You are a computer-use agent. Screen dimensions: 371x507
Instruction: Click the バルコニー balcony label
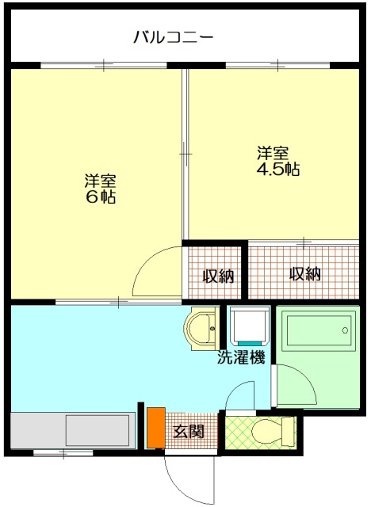coord(174,37)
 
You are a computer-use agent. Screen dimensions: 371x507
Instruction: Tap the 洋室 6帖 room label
coord(100,189)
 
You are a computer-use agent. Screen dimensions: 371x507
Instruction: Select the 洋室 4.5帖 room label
coord(277,161)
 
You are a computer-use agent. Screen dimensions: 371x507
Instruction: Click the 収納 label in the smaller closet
coord(218,276)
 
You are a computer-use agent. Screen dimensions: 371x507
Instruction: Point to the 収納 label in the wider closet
coord(305,274)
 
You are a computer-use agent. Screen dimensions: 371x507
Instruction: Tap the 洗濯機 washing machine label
coord(241,357)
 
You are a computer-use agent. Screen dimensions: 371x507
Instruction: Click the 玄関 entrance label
coord(189,431)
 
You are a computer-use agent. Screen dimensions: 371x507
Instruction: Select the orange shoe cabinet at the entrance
coord(156,428)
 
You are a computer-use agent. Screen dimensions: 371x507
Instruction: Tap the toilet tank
coord(289,432)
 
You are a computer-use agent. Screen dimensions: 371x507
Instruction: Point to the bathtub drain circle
coord(345,330)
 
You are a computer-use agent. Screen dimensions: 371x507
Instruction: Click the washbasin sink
coord(201,329)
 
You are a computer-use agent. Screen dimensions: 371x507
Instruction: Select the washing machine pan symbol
coord(250,326)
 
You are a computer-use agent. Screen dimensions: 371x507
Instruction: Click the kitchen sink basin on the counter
coord(98,431)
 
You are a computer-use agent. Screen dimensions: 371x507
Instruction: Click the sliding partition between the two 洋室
coord(185,154)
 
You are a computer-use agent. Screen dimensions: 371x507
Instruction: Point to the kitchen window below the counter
coord(63,452)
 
